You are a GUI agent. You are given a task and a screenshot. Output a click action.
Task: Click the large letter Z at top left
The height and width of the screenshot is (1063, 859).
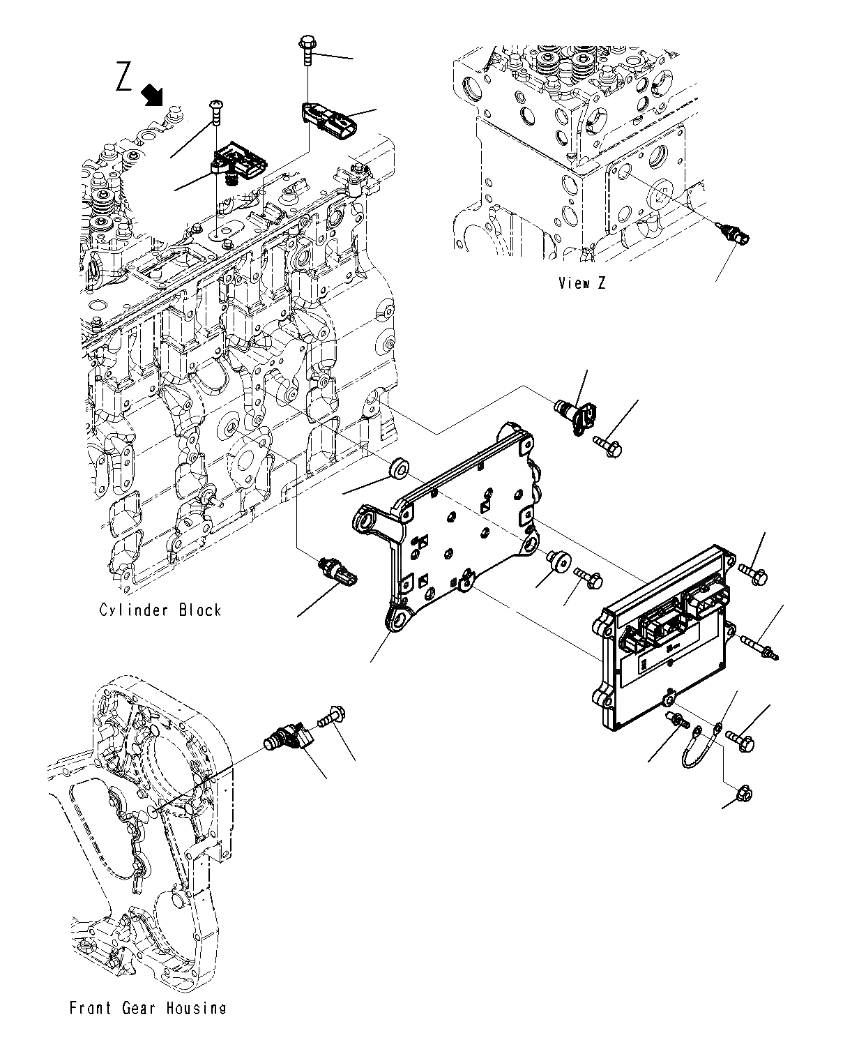point(125,77)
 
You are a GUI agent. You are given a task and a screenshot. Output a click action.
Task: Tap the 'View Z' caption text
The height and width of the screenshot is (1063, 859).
point(581,282)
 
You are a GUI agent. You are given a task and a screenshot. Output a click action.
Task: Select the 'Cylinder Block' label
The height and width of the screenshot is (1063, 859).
point(160,610)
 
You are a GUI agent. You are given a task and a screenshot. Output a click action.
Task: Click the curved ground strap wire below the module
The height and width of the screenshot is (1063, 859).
point(698,746)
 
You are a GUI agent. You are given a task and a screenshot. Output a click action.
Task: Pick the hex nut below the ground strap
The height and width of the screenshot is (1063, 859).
point(745,792)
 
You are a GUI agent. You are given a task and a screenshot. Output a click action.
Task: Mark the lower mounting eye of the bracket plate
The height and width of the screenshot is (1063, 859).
point(398,619)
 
